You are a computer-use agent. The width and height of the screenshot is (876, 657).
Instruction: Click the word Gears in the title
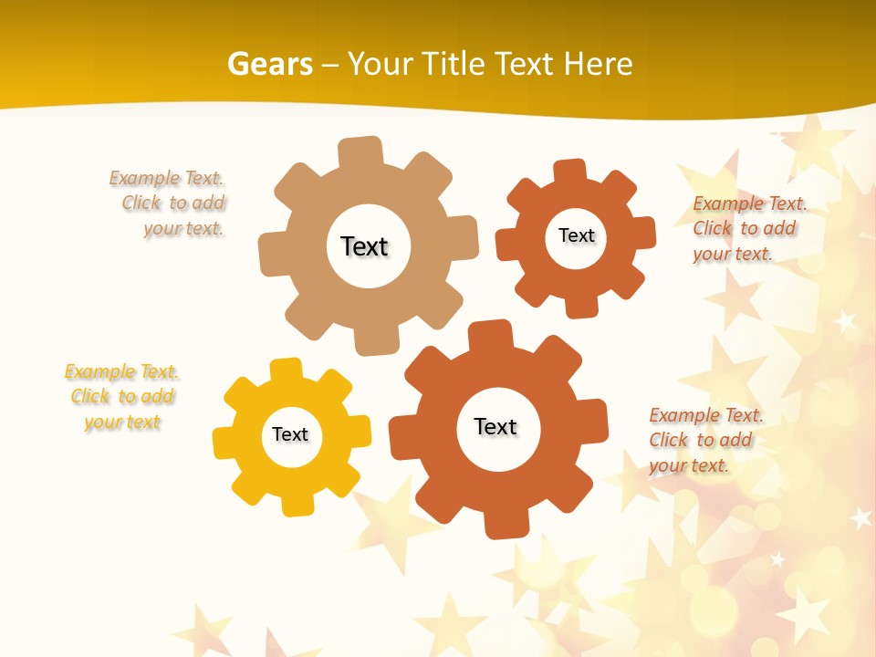(x=269, y=64)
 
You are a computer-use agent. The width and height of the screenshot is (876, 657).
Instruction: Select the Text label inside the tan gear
(x=364, y=246)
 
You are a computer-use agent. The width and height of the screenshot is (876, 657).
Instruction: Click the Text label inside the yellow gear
(x=290, y=434)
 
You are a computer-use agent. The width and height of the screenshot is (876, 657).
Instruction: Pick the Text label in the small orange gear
(x=576, y=235)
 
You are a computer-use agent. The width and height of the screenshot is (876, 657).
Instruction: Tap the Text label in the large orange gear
(x=495, y=426)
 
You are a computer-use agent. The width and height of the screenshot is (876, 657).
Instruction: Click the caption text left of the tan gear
(x=169, y=203)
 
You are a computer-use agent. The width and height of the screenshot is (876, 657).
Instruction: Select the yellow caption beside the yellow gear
(x=121, y=397)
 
